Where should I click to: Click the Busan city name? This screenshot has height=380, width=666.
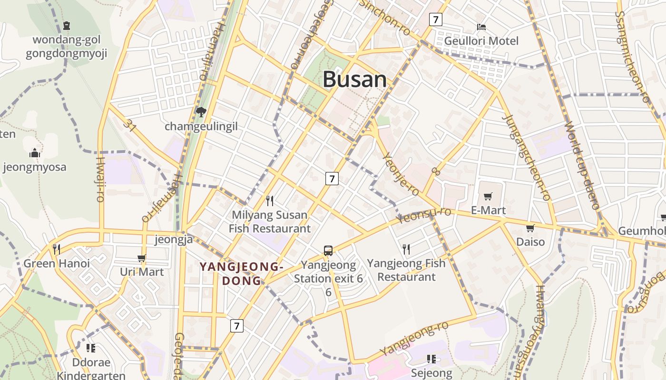[355, 79]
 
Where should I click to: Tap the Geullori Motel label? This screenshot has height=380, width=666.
[481, 41]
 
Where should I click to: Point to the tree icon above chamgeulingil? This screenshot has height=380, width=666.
[201, 112]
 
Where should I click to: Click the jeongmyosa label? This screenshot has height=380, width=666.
[34, 167]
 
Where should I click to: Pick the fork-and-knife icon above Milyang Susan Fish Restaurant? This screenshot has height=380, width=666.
[270, 200]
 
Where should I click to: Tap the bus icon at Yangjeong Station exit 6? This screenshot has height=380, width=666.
[328, 250]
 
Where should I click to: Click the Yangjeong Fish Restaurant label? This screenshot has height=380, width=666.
[406, 270]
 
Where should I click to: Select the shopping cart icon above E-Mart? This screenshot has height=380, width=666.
[488, 196]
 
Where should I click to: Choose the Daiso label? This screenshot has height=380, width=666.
[530, 242]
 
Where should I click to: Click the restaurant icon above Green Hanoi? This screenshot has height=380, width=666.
[56, 249]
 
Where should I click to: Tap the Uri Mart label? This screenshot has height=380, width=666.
[142, 272]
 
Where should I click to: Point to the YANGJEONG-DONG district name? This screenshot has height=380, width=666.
[242, 274]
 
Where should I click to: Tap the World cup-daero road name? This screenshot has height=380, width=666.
[581, 166]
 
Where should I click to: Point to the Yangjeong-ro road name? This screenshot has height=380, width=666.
[414, 338]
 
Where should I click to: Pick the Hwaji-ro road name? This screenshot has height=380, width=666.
[100, 179]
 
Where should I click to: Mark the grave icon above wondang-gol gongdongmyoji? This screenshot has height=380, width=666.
[67, 25]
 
